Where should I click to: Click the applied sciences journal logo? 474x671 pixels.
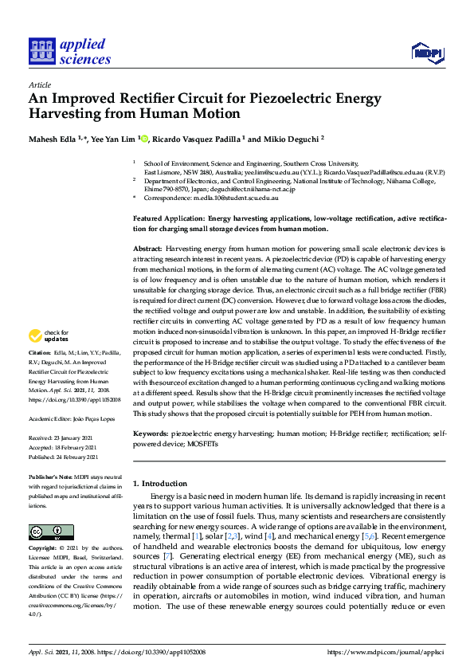pos(69,52)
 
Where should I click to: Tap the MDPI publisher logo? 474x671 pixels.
pos(426,53)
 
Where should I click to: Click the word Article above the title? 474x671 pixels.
pos(39,84)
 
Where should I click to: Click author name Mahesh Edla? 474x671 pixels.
pos(50,139)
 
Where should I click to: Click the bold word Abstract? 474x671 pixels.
pos(148,249)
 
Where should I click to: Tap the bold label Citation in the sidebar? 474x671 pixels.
pos(39,375)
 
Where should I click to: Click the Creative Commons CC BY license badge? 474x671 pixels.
pos(45,532)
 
